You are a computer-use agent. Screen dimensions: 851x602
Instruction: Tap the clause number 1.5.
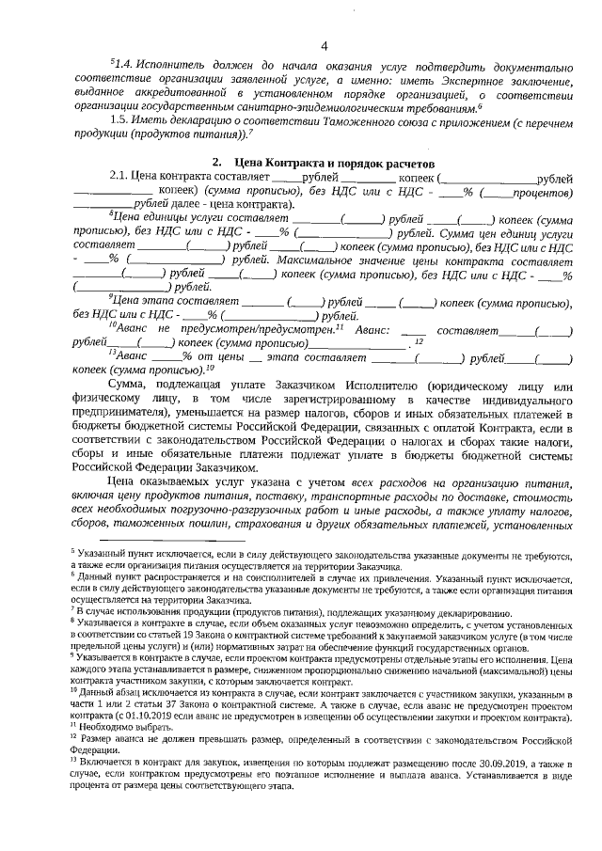pyautogui.click(x=121, y=119)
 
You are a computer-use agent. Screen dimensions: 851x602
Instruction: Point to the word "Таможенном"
pyautogui.click(x=346, y=119)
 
